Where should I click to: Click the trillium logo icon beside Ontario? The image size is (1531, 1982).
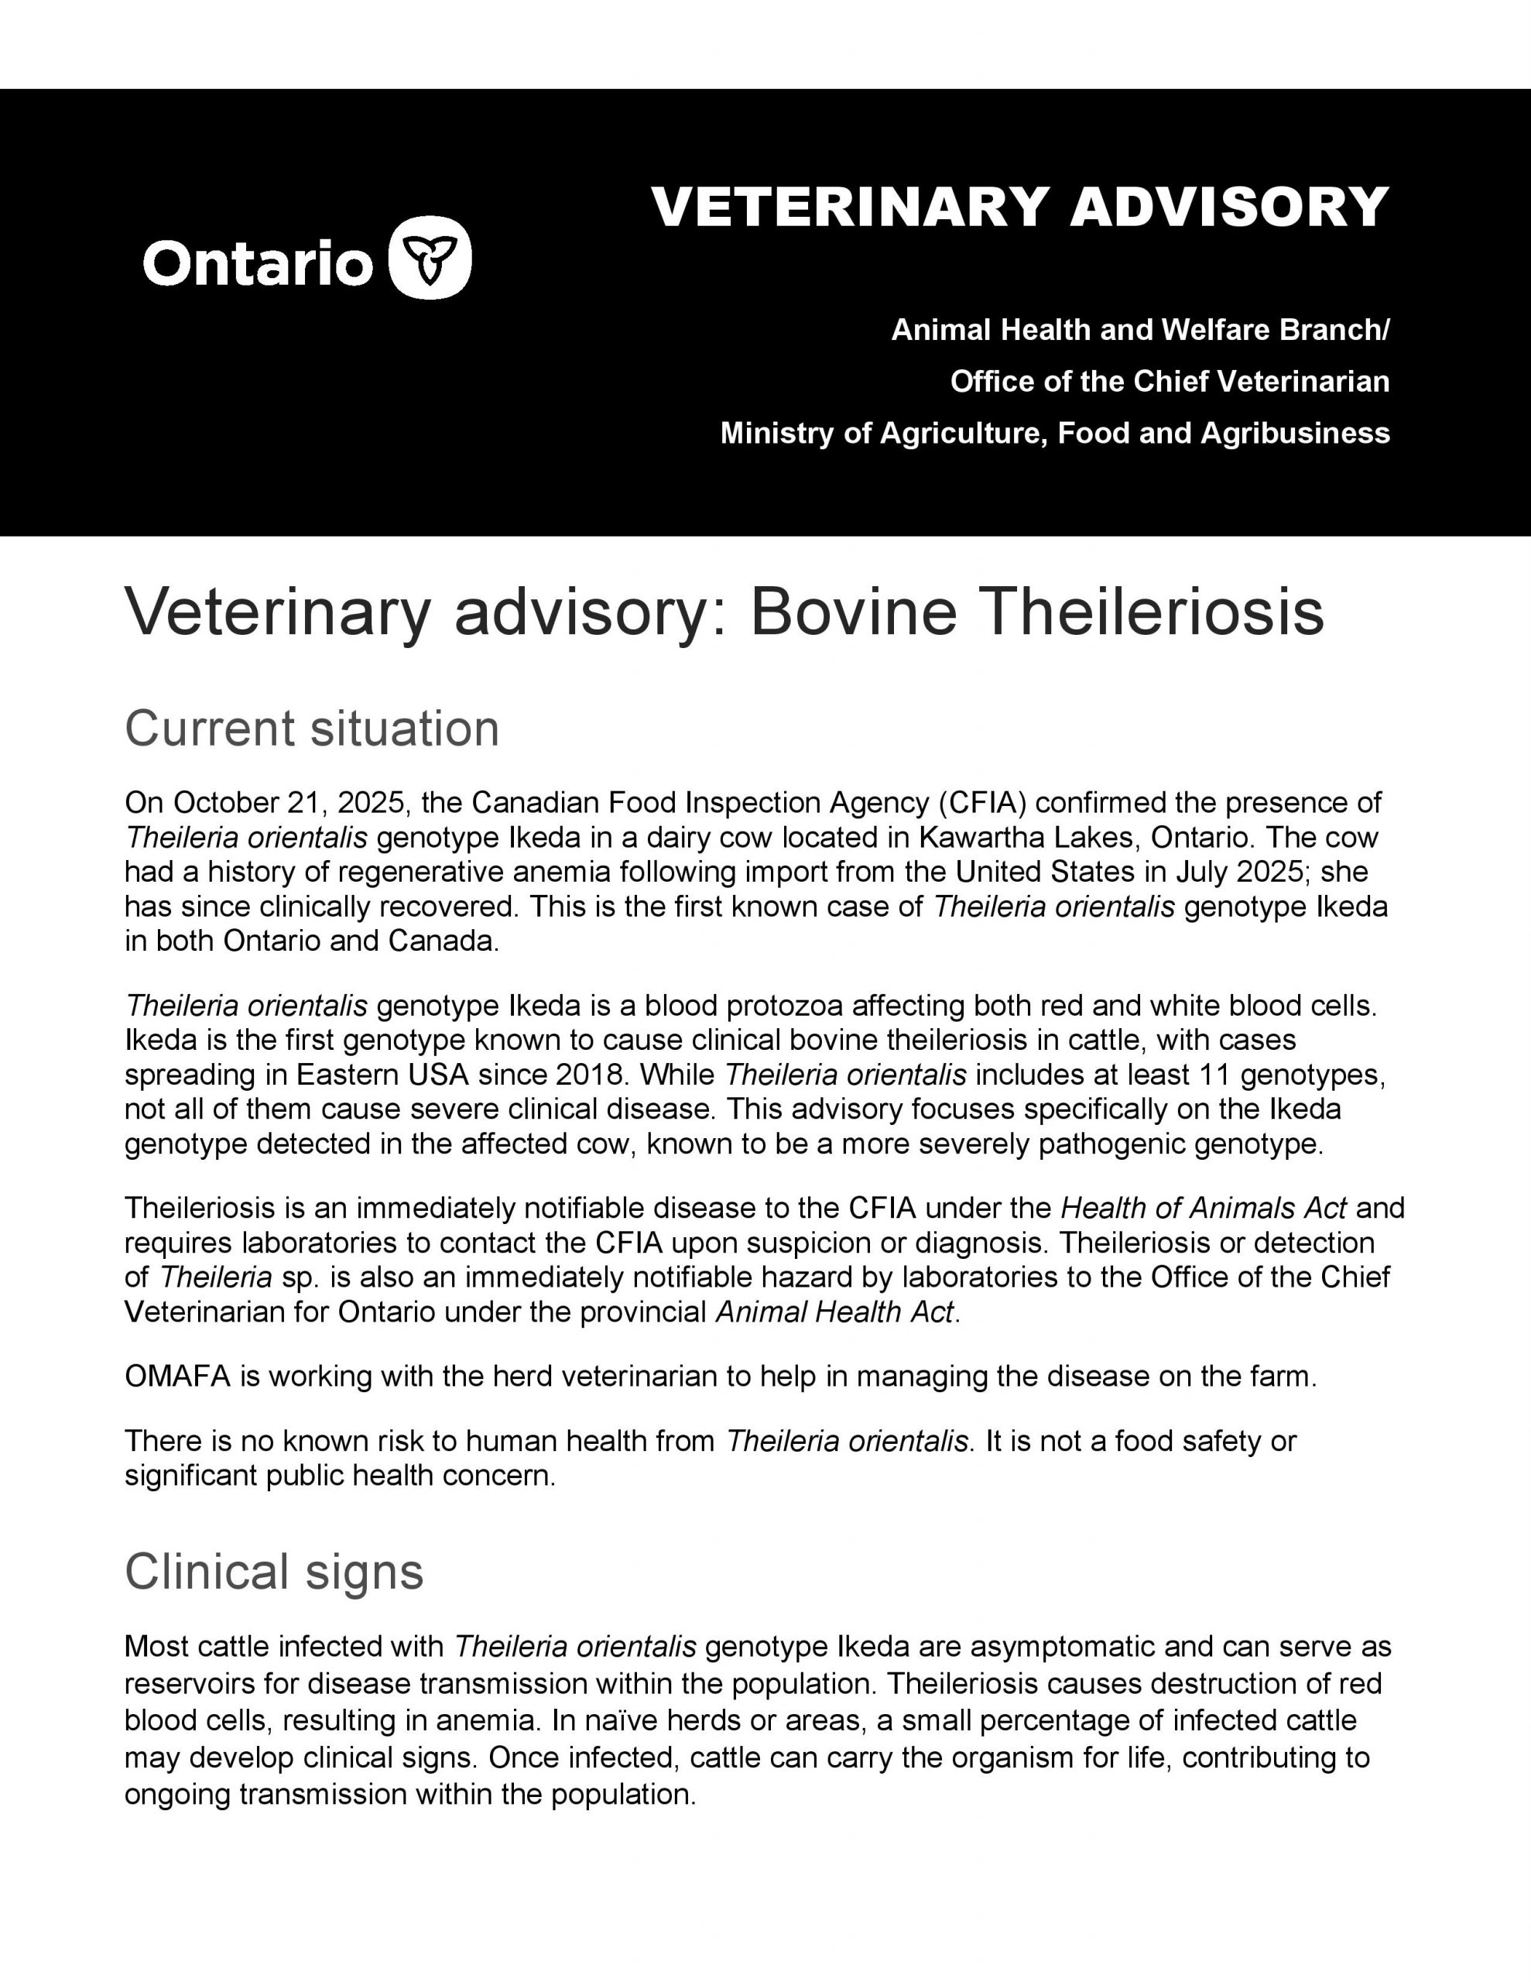[x=430, y=258]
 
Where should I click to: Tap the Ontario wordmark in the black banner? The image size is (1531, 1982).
[x=258, y=263]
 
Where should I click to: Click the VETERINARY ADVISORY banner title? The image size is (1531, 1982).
[x=1020, y=207]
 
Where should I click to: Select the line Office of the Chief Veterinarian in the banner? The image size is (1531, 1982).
[x=1169, y=381]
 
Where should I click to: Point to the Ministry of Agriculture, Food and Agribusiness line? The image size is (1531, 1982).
[x=1054, y=433]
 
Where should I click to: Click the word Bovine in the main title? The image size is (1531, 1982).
[x=853, y=612]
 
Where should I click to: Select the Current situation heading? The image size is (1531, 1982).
[x=311, y=729]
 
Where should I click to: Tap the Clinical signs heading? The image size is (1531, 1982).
[x=273, y=1571]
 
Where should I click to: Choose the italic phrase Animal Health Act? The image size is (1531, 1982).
[x=835, y=1312]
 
